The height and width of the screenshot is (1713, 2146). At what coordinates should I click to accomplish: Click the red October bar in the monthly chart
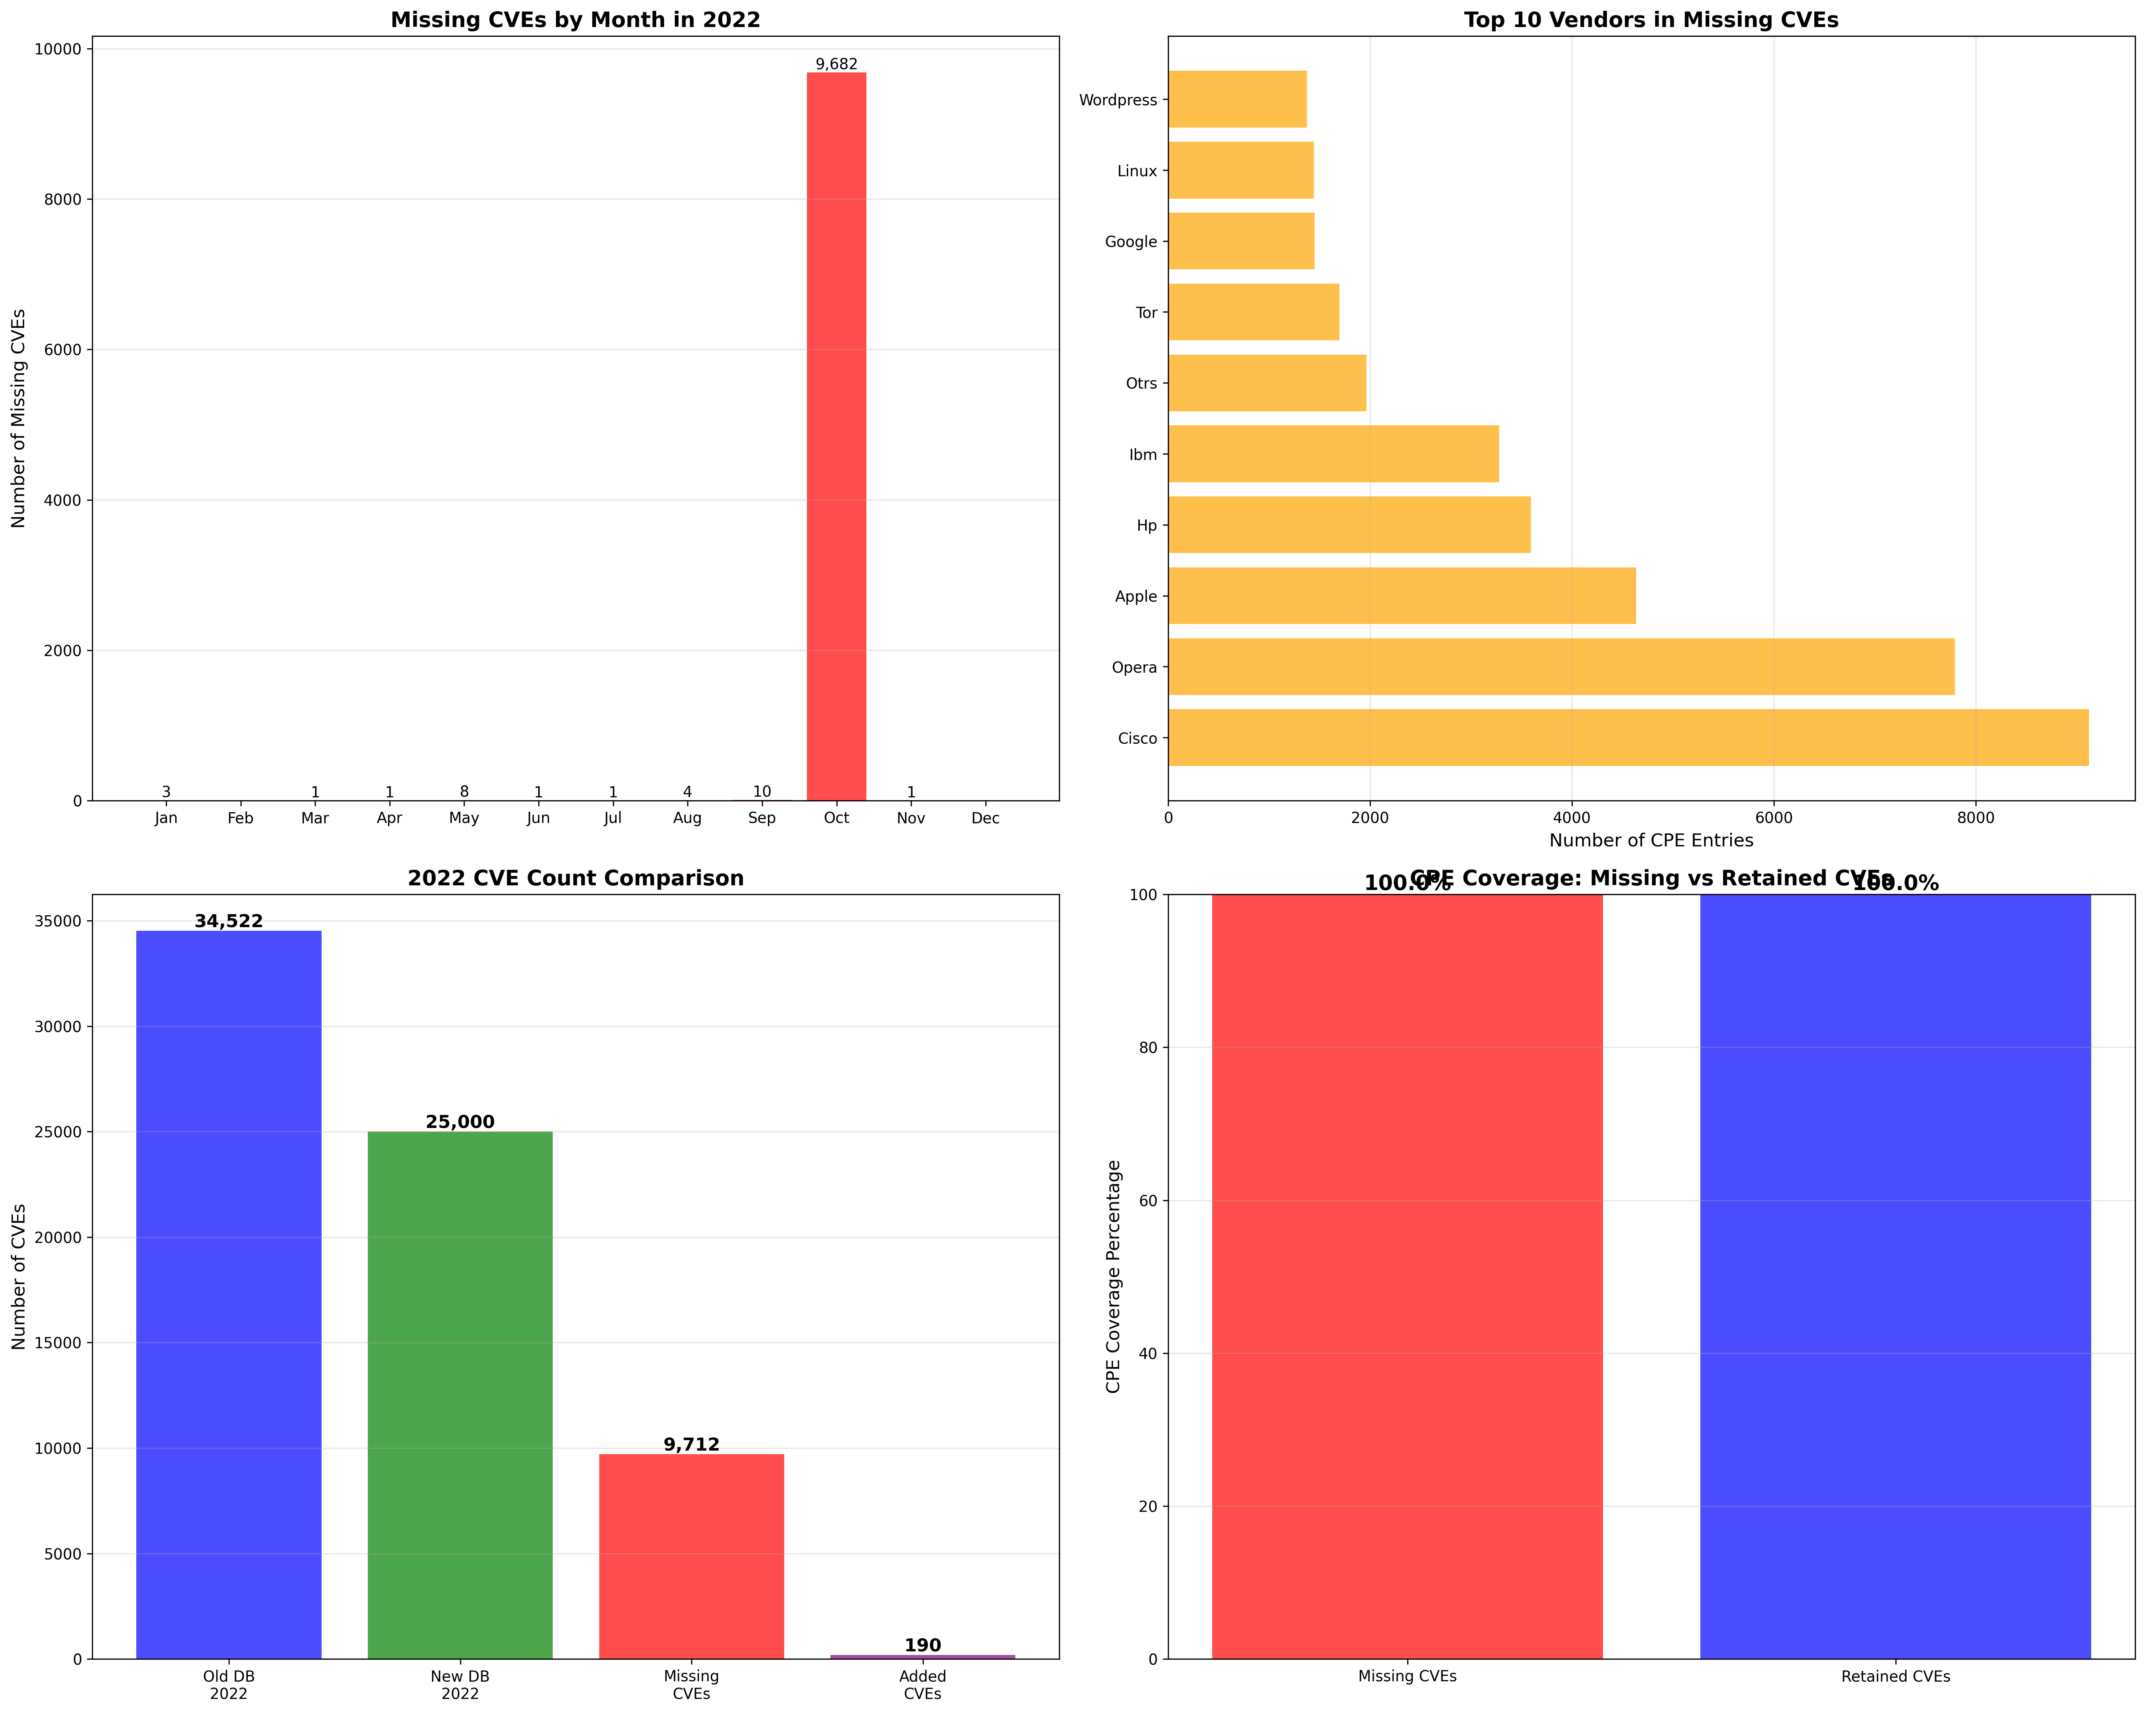836,438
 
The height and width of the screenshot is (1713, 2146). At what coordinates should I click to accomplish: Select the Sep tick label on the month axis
761,818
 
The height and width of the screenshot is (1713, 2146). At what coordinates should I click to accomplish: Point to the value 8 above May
464,792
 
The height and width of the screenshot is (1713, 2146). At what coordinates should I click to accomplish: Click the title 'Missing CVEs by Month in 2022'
575,20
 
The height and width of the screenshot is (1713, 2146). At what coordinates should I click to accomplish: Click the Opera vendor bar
1561,667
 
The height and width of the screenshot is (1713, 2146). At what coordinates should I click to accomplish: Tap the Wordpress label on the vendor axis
1118,99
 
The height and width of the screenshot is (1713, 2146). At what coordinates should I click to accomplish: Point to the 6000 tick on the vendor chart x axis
1774,818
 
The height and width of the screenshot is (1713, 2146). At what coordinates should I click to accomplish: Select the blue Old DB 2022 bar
229,1294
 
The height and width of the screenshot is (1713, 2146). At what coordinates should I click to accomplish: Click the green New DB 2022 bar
460,1394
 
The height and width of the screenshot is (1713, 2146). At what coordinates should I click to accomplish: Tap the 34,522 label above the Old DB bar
229,922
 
